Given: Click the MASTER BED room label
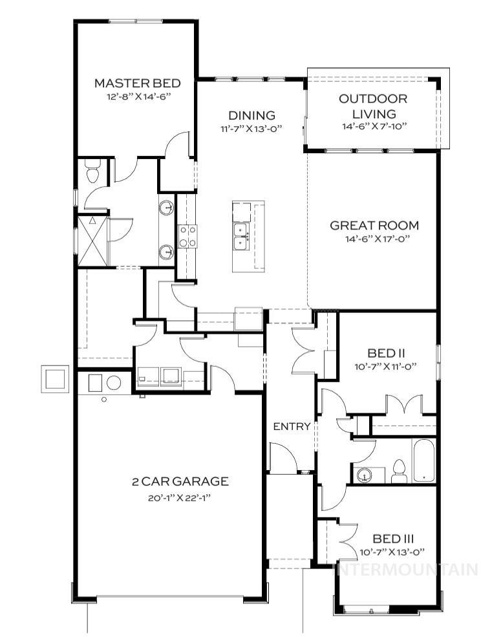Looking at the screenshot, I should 136,83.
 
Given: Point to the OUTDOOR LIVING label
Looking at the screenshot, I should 374,107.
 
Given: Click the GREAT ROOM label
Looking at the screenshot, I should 374,226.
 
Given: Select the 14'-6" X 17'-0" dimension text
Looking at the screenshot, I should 374,239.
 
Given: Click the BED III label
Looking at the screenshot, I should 393,538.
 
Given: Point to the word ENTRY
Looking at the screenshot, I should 292,427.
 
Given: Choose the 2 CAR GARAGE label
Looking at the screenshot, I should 171,482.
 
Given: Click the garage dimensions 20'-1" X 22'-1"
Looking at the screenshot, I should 171,497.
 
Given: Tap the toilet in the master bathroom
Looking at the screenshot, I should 92,173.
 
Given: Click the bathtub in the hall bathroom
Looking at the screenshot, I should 424,460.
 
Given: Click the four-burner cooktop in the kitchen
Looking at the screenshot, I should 187,237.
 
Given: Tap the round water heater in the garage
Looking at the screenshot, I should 114,382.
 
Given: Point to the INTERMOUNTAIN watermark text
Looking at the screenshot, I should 405,570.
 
